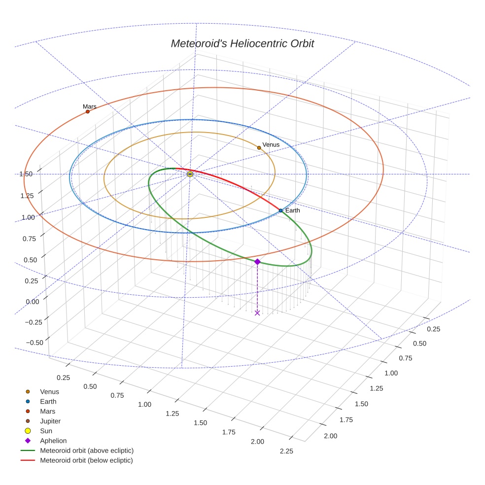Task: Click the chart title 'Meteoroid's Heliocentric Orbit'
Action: point(242,43)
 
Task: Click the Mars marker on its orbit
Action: point(88,111)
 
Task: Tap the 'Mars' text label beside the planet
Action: point(90,106)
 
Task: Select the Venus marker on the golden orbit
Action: point(259,147)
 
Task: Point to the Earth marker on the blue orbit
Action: point(280,210)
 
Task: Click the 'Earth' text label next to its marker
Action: point(292,210)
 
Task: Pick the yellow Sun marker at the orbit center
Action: point(190,174)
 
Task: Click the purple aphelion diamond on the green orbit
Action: point(257,262)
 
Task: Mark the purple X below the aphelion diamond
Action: point(257,313)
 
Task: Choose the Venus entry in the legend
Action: point(49,392)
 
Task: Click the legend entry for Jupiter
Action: point(50,421)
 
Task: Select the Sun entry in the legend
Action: point(46,431)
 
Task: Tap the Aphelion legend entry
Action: point(53,441)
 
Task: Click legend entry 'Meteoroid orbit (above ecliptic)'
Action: point(87,450)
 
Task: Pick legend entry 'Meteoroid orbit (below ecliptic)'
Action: point(86,460)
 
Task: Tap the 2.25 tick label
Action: point(286,451)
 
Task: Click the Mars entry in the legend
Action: point(48,412)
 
